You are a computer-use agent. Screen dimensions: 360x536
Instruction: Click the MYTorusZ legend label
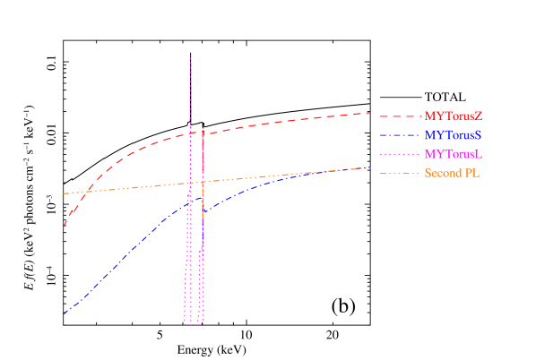[454, 116]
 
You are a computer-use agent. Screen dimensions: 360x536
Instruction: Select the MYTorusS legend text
[454, 134]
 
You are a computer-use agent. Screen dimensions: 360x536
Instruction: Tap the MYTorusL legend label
[454, 154]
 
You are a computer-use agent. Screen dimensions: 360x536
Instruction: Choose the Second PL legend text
[453, 173]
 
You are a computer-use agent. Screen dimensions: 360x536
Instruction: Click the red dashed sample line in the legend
[400, 116]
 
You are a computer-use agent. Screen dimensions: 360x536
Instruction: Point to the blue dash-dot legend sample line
[400, 135]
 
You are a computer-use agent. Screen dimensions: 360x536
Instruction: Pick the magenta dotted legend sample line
[400, 154]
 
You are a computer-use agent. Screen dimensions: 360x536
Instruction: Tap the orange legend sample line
[400, 173]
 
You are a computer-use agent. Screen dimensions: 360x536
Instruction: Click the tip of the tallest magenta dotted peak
[191, 58]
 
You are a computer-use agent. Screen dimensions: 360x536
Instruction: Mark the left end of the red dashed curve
[64, 227]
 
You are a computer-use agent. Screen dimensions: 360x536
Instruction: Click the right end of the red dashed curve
[371, 113]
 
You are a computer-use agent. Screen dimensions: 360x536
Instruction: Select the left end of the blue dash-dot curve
[64, 313]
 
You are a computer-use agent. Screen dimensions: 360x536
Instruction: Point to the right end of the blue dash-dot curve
[371, 167]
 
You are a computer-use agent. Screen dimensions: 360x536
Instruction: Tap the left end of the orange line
[64, 193]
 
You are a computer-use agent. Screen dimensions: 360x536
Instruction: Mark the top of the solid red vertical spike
[203, 131]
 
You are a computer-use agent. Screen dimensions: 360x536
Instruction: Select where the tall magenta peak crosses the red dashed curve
[191, 133]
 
